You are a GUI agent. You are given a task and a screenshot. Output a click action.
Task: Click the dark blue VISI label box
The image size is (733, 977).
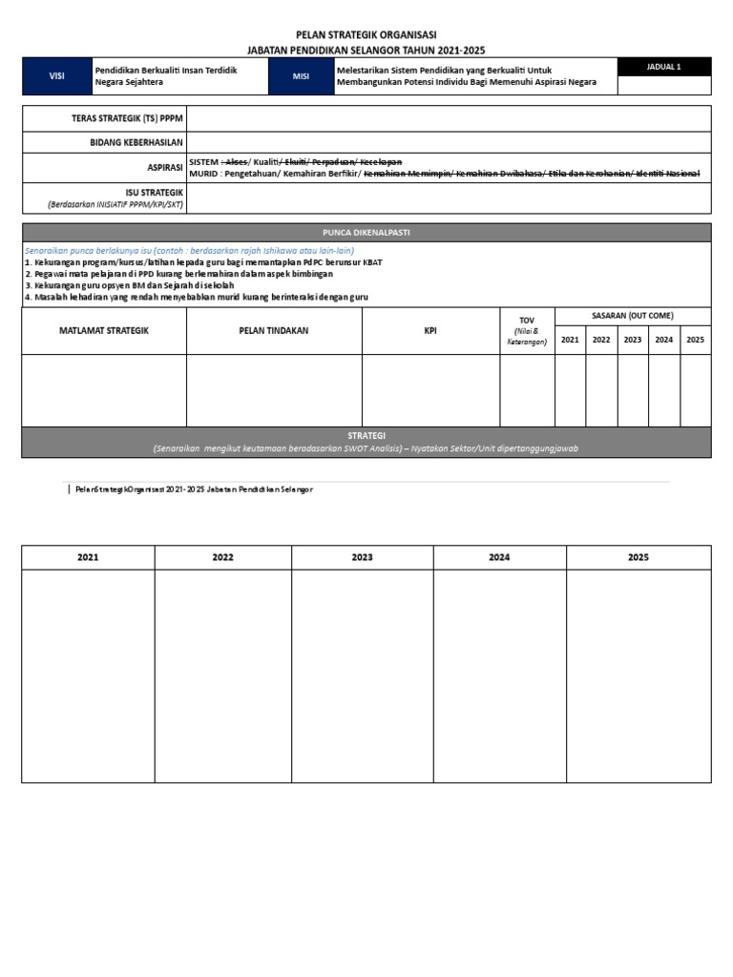[56, 76]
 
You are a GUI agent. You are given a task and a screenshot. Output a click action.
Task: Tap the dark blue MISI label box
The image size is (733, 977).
[302, 76]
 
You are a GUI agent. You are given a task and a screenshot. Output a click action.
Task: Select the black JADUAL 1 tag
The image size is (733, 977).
[663, 67]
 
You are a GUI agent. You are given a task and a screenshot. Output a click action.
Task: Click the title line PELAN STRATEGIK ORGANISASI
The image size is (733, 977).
[366, 34]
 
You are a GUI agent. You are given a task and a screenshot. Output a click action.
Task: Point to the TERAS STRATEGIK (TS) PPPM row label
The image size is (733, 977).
[128, 118]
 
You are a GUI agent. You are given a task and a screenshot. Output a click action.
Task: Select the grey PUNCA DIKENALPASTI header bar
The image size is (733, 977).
[366, 232]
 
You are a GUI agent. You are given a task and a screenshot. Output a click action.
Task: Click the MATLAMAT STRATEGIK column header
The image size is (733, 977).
[104, 331]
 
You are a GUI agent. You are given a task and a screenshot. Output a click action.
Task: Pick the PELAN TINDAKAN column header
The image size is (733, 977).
[274, 331]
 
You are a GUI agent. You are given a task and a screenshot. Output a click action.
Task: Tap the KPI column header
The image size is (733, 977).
[430, 331]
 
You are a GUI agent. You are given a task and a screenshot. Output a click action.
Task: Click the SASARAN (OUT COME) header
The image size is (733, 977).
[632, 315]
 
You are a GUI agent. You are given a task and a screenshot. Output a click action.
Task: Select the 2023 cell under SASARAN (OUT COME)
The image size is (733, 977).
[633, 340]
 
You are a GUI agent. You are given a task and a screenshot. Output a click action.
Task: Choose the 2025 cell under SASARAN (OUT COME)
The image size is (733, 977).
[695, 340]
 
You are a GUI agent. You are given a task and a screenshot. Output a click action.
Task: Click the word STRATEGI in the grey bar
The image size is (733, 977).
[366, 435]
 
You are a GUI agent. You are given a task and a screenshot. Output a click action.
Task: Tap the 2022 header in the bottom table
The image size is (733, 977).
[223, 557]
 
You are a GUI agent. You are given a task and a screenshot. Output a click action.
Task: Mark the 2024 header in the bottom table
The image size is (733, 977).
[499, 557]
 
